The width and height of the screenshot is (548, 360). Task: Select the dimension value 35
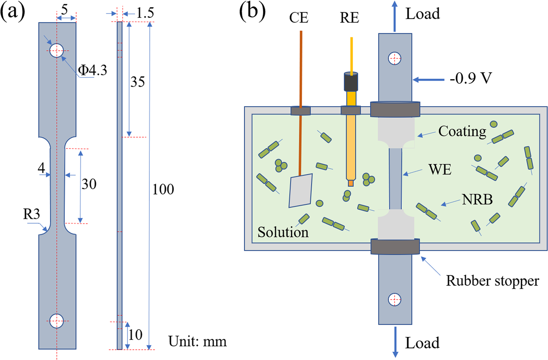point(137,81)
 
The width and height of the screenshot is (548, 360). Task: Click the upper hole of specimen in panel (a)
point(56,51)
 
